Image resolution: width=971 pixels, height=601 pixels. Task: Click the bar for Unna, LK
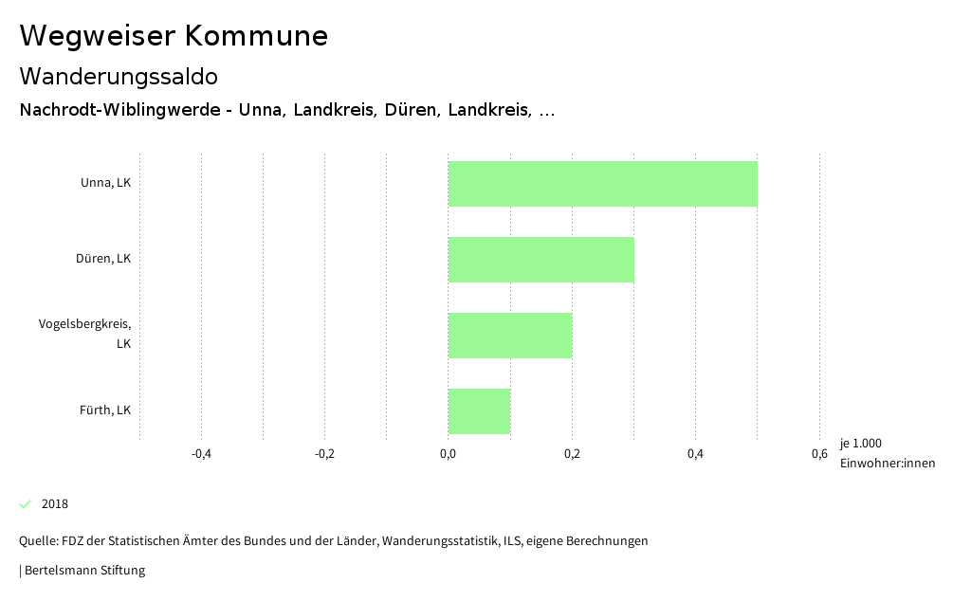(602, 184)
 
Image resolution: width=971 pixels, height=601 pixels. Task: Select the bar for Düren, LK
(540, 260)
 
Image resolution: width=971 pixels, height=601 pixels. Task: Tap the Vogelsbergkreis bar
(510, 336)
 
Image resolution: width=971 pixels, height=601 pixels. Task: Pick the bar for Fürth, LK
(479, 411)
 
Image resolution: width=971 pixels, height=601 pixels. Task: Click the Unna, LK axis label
(105, 183)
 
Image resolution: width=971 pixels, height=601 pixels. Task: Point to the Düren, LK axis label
(103, 259)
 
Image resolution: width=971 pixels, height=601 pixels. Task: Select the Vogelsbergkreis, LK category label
(85, 334)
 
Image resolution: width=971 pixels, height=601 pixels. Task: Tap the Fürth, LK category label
(104, 410)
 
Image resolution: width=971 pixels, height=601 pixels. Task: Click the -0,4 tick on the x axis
(201, 454)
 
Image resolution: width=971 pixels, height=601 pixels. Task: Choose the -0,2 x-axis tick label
(324, 454)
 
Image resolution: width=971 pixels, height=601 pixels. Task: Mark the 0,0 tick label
(449, 454)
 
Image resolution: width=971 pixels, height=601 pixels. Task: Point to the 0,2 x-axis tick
(572, 454)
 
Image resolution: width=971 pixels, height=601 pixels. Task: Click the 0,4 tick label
(695, 454)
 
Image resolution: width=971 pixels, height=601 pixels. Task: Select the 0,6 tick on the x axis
(819, 454)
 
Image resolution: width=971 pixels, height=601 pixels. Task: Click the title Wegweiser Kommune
(174, 36)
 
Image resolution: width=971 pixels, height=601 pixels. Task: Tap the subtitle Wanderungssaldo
(119, 76)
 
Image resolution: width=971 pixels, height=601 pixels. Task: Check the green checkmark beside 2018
(26, 503)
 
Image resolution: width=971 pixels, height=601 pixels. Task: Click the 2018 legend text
(55, 504)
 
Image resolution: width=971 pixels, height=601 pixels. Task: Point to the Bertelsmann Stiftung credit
(83, 571)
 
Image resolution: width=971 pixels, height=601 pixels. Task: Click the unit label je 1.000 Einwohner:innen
(887, 453)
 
